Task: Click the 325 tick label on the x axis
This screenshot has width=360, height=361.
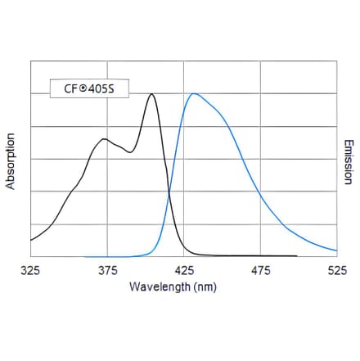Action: click(x=30, y=269)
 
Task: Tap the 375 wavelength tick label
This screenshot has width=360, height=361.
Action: click(x=107, y=269)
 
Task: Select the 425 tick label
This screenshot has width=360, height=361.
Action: click(x=184, y=269)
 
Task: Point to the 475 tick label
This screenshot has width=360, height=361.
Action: click(x=261, y=269)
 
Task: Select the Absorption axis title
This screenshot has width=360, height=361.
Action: click(x=11, y=160)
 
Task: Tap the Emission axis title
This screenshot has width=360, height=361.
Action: click(x=349, y=162)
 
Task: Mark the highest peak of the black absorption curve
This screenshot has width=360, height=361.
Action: click(x=152, y=94)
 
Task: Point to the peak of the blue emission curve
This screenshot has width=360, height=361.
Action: click(x=194, y=93)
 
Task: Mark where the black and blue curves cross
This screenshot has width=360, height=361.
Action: click(x=169, y=193)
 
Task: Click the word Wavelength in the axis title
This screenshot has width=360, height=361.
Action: click(x=158, y=287)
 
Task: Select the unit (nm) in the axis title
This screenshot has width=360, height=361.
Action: click(x=203, y=287)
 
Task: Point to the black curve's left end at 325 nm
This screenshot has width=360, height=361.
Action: click(x=31, y=240)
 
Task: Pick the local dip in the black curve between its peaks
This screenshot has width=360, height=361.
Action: click(x=129, y=152)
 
